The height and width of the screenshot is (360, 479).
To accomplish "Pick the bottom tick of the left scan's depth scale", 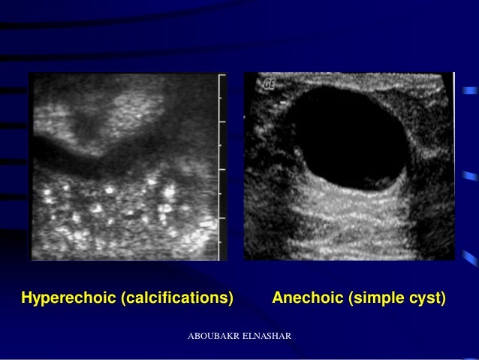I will click(221, 255).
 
